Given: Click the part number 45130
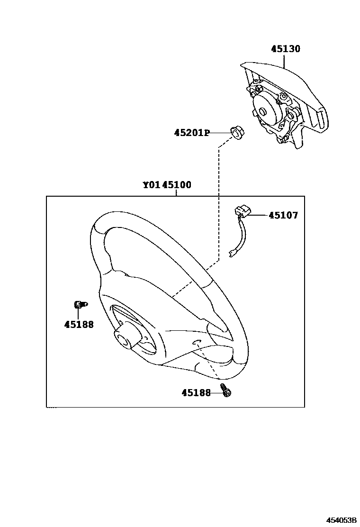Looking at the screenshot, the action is pyautogui.click(x=286, y=49).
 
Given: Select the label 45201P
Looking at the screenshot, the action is pyautogui.click(x=191, y=133).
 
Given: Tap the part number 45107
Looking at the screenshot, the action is pyautogui.click(x=283, y=216).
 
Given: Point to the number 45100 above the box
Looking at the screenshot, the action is pyautogui.click(x=177, y=185).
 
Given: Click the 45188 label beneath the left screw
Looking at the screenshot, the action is pyautogui.click(x=79, y=325).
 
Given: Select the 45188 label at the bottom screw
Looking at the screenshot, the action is pyautogui.click(x=196, y=392).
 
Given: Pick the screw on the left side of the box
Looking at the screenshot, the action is pyautogui.click(x=79, y=304).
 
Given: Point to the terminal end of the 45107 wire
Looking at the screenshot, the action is pyautogui.click(x=232, y=253).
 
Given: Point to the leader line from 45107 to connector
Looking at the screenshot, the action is pyautogui.click(x=258, y=215).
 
